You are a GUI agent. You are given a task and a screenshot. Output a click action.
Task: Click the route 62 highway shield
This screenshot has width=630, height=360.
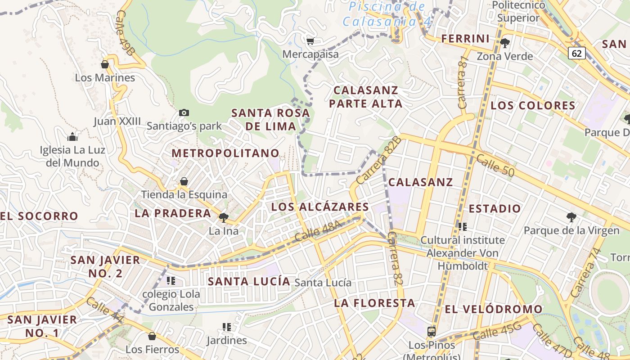[x=576, y=53]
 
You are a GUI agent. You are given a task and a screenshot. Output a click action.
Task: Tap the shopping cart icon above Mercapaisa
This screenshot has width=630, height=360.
[x=310, y=41]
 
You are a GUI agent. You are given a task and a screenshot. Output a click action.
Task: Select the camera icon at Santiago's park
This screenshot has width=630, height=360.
[x=184, y=112]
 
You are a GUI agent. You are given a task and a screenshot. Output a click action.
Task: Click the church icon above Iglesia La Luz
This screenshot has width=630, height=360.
[x=72, y=137]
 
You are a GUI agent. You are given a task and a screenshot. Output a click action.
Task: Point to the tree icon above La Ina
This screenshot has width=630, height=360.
[x=223, y=218]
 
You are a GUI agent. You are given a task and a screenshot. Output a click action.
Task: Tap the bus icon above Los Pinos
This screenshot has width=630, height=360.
[x=431, y=332]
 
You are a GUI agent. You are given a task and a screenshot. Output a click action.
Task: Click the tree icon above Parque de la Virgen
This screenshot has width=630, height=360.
[x=571, y=218]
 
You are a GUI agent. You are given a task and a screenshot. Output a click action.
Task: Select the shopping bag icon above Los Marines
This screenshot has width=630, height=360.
[x=105, y=65]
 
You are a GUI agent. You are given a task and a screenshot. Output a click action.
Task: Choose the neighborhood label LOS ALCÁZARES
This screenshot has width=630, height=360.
[x=320, y=207]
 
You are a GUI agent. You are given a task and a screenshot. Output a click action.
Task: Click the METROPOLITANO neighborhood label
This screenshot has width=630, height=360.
[x=225, y=153]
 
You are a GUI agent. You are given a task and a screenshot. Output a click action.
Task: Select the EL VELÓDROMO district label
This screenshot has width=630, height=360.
[x=494, y=310]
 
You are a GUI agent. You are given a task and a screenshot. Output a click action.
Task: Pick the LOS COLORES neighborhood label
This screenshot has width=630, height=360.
[x=533, y=106]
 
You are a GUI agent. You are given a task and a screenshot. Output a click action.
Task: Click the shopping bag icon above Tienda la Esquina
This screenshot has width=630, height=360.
[x=184, y=182]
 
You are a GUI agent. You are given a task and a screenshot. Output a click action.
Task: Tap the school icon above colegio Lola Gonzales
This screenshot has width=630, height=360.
[x=171, y=281]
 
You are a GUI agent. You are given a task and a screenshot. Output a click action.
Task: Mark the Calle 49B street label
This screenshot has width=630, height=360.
[x=124, y=33]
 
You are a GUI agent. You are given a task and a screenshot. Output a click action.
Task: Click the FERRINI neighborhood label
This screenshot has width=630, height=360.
[x=465, y=39]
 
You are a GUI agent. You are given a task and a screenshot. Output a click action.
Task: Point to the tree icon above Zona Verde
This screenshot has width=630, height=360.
[x=504, y=43]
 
